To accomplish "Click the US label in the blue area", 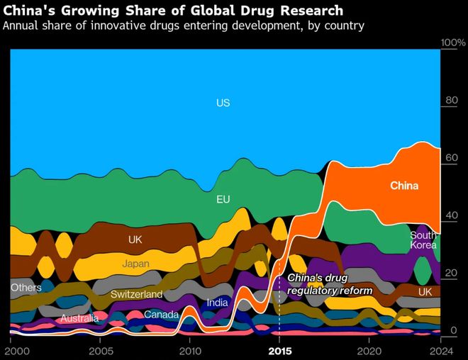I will [x=223, y=103].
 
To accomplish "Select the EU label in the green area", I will [x=223, y=199].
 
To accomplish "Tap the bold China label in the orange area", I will [x=404, y=186].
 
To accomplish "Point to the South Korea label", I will [x=423, y=240].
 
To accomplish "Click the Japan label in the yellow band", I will [x=135, y=264].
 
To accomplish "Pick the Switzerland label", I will [x=137, y=294].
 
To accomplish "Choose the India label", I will [x=217, y=303].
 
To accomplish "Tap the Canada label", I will [x=161, y=314].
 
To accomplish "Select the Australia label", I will [x=79, y=319].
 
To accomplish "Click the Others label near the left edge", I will [x=26, y=288].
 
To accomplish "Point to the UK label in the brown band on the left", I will [x=135, y=240].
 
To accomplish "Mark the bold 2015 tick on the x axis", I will [x=280, y=351].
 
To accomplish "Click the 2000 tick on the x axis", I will [x=12, y=351].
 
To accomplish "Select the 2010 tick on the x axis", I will [x=190, y=351].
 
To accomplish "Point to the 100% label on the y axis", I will [x=452, y=43].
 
